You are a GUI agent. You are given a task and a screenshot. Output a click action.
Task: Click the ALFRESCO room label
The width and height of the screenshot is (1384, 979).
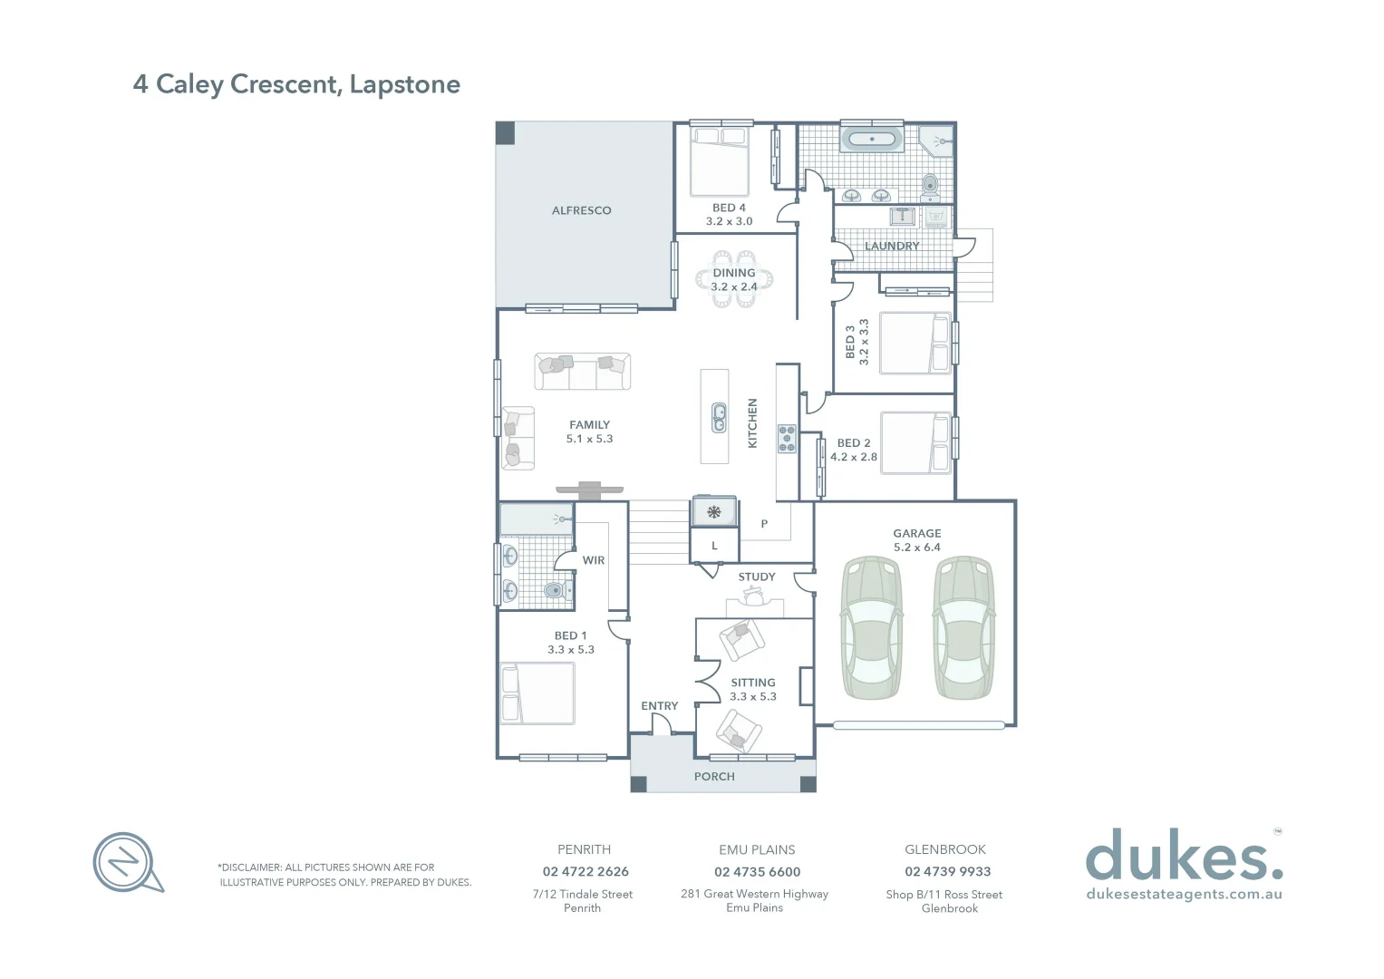point(581,210)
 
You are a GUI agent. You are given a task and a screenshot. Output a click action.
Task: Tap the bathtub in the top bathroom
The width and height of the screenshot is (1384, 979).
point(872,140)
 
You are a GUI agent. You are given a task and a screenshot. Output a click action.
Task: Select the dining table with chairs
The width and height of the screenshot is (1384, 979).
point(734,280)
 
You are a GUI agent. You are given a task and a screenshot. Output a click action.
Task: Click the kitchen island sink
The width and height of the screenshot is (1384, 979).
point(719,419)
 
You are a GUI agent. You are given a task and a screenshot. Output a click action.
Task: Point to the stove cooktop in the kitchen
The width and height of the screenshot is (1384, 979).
point(787,439)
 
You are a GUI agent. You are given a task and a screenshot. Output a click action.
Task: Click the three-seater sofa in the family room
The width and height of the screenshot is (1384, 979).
point(582,371)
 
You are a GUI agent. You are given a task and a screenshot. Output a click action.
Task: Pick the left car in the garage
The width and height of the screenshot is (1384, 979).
point(872,627)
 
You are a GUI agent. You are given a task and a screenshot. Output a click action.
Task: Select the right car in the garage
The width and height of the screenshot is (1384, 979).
point(963,627)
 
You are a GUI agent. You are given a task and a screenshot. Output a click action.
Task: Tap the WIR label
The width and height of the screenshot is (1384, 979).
point(594,560)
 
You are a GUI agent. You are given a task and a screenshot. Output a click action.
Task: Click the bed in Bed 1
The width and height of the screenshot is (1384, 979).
point(537,693)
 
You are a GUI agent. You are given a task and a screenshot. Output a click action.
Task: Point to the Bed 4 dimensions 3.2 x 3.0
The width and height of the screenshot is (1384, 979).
point(729,221)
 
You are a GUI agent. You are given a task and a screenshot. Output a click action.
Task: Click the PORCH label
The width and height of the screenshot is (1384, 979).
point(714,777)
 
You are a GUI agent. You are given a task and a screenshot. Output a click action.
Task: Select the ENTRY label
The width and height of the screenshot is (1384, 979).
point(659,706)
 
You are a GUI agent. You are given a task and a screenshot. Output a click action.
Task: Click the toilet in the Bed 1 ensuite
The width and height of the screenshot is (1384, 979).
point(555,591)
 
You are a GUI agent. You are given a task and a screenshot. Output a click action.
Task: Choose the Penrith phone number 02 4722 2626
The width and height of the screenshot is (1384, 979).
point(586,871)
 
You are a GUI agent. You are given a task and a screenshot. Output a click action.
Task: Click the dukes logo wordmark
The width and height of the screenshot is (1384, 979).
point(1184,856)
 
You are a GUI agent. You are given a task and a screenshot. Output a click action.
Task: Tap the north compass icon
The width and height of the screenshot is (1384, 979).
point(126,861)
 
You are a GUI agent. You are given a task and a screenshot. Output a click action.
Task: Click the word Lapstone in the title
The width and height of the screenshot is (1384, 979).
point(404,84)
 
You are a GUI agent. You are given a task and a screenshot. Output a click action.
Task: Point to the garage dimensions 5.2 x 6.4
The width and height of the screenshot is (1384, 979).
point(917,548)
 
